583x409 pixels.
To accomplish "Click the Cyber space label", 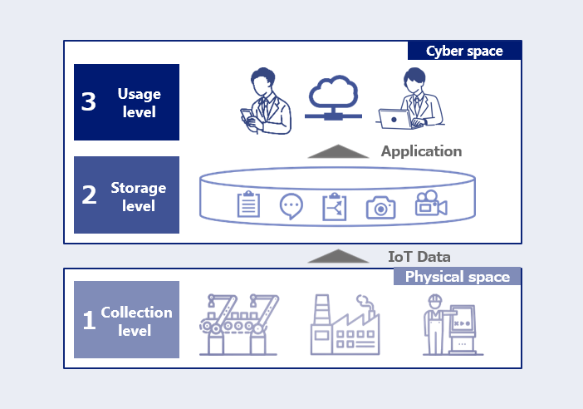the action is click(464, 51).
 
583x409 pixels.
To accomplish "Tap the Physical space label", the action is click(458, 277).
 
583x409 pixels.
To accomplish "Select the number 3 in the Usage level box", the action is click(89, 101).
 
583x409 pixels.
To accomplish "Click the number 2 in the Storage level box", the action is click(89, 195).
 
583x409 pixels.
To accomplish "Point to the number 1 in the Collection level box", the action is click(89, 320).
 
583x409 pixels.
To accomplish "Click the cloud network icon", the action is click(334, 98).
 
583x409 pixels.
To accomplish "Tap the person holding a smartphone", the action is click(265, 101).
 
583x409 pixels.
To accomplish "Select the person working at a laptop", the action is click(412, 98).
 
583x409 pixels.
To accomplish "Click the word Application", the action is click(421, 151).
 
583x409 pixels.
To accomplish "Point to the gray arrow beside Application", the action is click(338, 151).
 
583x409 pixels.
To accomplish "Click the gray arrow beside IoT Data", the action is click(338, 256).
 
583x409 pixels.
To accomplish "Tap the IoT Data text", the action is click(419, 257).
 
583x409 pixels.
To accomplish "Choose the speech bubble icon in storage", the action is click(291, 206).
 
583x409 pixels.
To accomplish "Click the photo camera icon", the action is click(380, 208).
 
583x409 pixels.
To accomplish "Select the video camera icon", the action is click(431, 203).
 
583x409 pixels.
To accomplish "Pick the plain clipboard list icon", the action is click(248, 204).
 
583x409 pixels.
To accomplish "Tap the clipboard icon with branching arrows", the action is click(334, 207).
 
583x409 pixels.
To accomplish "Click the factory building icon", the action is click(345, 324).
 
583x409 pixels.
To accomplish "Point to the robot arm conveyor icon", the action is click(238, 324).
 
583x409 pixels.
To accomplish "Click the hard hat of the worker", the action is click(434, 299).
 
